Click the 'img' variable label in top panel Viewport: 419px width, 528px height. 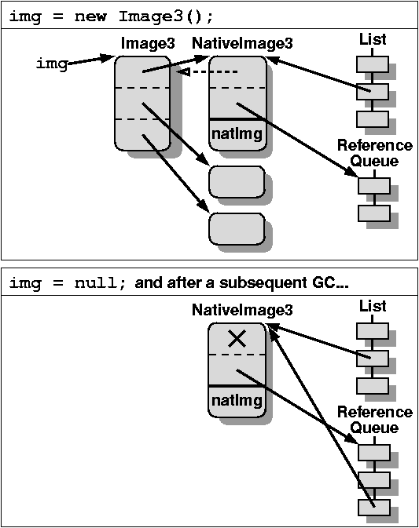52,64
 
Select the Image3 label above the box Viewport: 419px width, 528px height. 148,43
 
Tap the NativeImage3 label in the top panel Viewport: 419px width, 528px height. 242,43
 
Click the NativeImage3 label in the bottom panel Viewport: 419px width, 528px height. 242,310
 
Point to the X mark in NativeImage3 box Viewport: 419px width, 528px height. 237,338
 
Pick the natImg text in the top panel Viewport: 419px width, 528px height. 237,134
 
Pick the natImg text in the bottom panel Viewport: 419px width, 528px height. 237,401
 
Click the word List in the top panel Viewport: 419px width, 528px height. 373,39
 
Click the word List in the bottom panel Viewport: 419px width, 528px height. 373,306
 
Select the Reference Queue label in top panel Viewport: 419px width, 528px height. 374,153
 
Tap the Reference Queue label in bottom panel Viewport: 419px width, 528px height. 374,420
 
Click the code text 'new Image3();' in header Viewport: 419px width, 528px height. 144,16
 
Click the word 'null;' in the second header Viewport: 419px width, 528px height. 100,283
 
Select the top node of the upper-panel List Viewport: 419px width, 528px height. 373,64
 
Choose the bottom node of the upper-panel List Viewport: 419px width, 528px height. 373,119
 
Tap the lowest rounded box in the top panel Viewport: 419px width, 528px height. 237,229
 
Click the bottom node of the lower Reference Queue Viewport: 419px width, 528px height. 373,507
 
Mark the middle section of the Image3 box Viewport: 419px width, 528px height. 142,104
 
